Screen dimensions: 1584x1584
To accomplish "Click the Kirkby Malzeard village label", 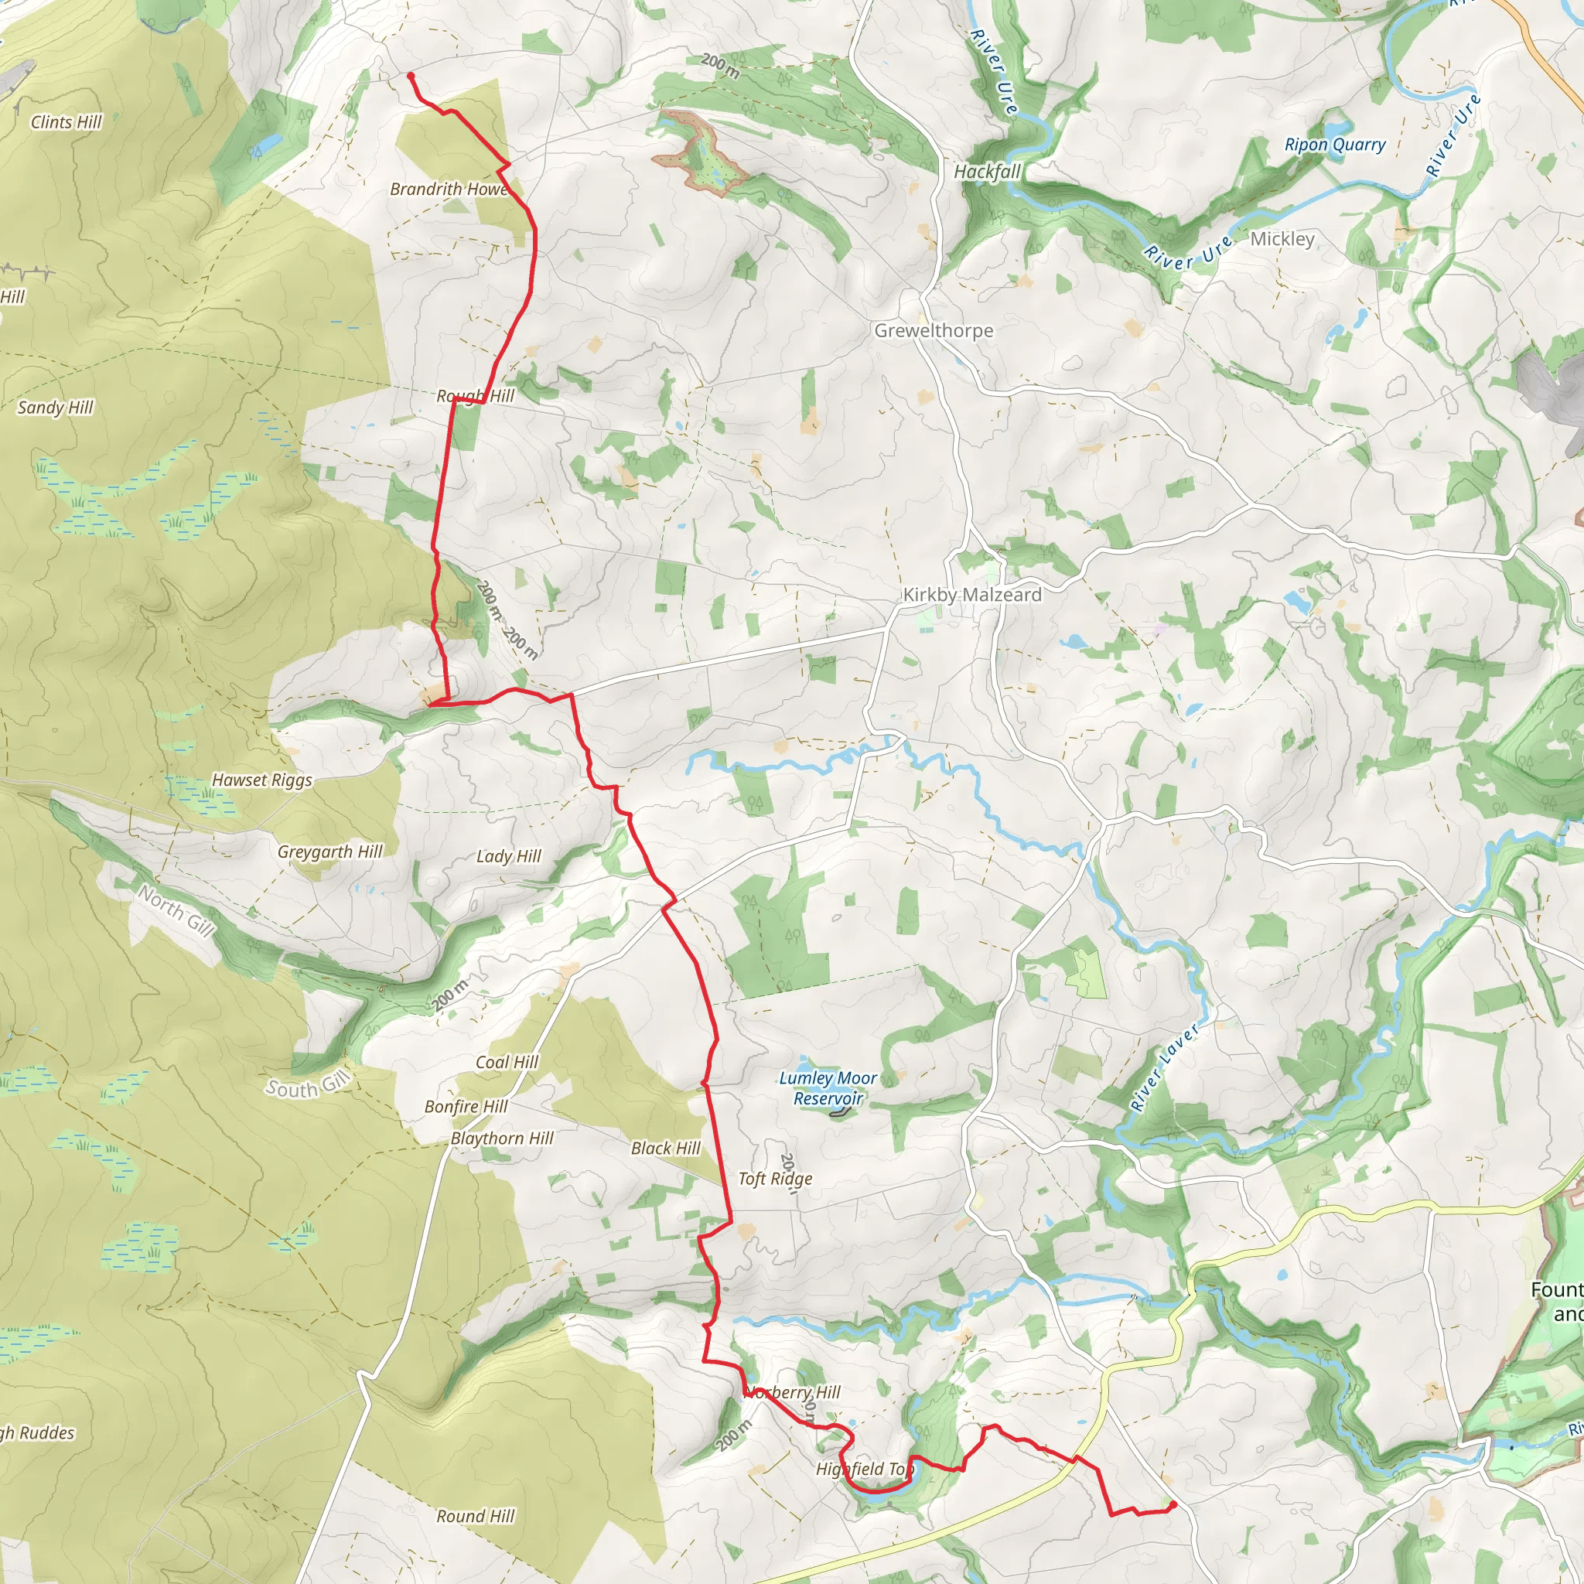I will pos(971,595).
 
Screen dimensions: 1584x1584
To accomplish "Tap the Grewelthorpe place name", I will pos(933,330).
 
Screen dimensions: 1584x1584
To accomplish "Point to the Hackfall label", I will pos(987,172).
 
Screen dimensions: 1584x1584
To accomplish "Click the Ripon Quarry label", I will pos(1335,145).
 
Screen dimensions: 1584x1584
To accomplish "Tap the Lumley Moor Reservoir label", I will pos(828,1088).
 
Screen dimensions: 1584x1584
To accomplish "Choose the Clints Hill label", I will pos(67,122).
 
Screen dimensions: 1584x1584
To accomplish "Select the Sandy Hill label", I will pos(56,408).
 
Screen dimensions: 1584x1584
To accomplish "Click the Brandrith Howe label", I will pos(449,189).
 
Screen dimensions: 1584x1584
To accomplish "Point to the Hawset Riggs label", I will pos(261,780).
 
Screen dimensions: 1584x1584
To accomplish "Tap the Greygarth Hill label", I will pos(329,852).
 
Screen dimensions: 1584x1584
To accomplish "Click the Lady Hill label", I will pos(508,856).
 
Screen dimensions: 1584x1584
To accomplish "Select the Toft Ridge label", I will pos(775,1178).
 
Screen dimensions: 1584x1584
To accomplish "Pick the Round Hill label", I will pos(475,1516).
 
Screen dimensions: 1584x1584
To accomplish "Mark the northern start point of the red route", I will pos(411,76).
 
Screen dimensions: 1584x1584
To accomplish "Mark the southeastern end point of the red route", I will pos(1173,1504).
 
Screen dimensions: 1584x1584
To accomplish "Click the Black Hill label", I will pos(666,1148).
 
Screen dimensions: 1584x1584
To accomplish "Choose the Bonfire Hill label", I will pos(466,1106).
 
